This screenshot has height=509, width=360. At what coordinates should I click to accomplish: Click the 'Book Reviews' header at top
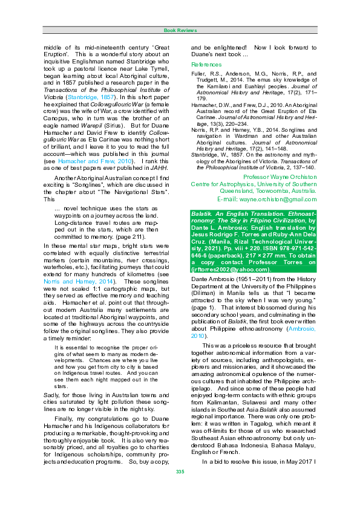pyautogui.click(x=180, y=30)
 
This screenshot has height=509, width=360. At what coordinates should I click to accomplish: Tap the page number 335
pyautogui.click(x=180, y=488)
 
